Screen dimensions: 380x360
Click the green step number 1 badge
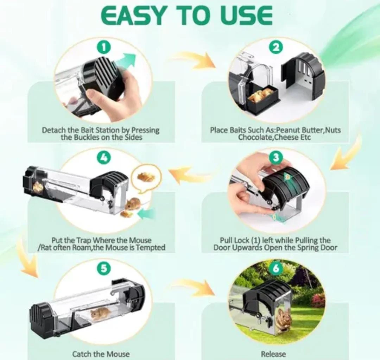[103, 47]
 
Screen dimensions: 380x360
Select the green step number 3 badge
[276, 158]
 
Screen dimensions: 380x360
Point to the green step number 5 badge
[103, 269]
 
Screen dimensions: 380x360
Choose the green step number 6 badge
[276, 269]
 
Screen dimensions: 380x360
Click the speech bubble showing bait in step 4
[146, 179]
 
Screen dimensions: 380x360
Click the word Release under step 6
[273, 354]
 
